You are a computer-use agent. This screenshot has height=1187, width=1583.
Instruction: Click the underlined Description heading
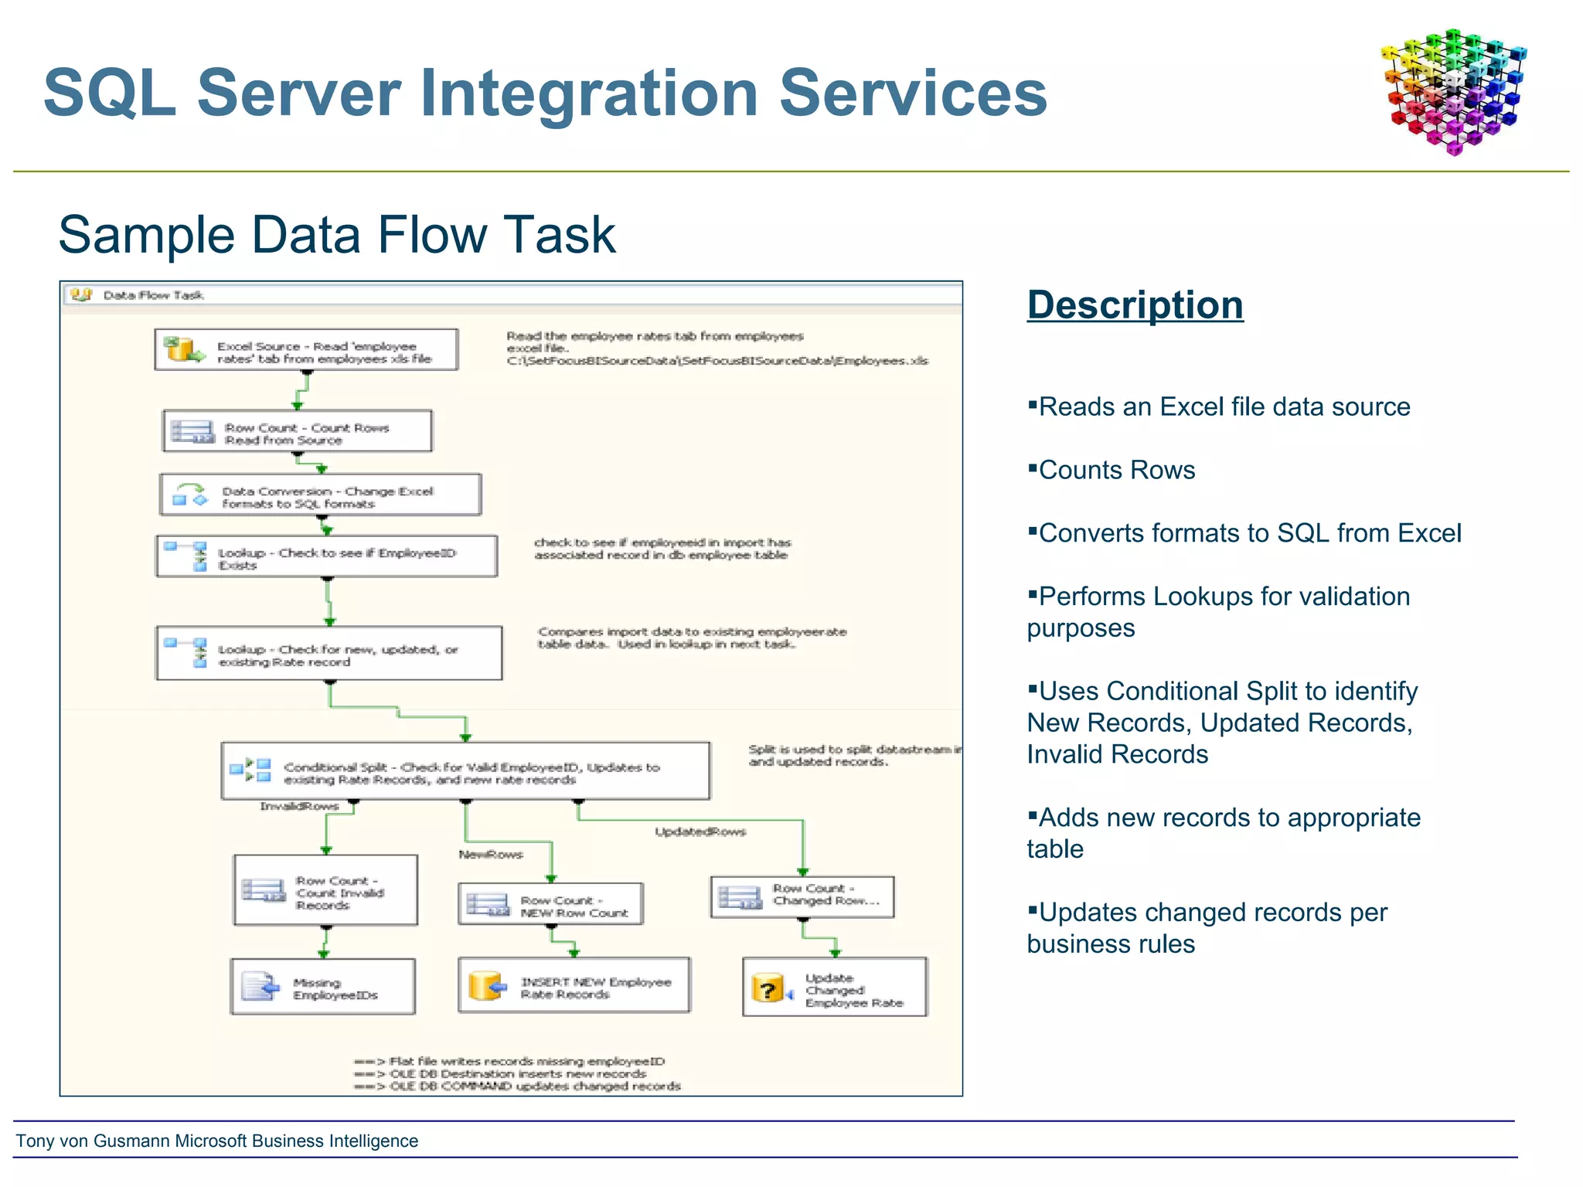tap(1135, 304)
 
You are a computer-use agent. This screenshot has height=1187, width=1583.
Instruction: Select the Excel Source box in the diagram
tap(306, 350)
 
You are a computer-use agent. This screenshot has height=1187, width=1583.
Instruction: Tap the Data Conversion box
tap(321, 495)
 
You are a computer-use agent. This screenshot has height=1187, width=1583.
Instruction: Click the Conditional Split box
tap(465, 771)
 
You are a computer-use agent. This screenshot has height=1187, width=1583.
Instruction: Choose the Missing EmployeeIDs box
tap(323, 987)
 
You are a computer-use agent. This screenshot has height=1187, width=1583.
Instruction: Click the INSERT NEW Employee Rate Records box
tap(574, 986)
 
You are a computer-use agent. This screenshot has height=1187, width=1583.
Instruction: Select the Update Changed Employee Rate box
tap(835, 988)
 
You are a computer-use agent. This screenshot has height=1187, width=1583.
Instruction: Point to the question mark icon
tap(767, 989)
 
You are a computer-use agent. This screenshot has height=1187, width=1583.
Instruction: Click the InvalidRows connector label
tap(299, 806)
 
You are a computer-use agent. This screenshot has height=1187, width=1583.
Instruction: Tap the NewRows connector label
tap(491, 854)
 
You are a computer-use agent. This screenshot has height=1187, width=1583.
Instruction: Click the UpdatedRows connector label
tap(700, 832)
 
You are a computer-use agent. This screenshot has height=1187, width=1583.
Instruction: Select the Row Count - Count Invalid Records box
tap(325, 890)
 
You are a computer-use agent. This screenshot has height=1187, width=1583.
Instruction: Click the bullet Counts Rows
tap(1115, 470)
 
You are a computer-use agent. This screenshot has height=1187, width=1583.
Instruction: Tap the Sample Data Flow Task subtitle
tap(337, 235)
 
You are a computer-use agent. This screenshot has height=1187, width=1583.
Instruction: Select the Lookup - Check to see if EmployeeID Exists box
tap(326, 556)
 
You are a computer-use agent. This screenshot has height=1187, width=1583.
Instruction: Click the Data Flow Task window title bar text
tap(152, 295)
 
